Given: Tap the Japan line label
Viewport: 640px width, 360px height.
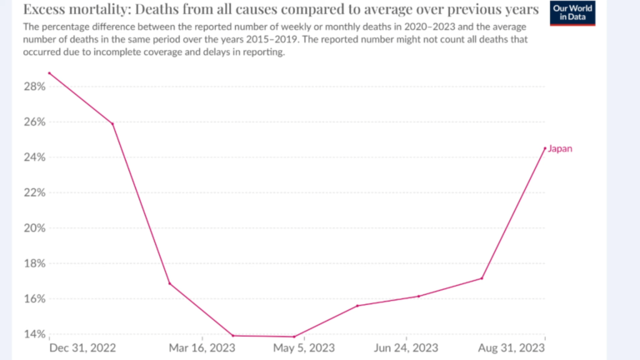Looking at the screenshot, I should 561,148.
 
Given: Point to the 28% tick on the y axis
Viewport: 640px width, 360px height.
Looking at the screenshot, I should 35,87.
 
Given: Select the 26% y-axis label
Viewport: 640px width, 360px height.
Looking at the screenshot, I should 35,122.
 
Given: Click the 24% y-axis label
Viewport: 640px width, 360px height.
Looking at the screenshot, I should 35,157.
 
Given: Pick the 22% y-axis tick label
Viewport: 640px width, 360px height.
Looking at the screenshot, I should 35,192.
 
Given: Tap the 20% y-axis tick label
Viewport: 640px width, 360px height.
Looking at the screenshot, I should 35,227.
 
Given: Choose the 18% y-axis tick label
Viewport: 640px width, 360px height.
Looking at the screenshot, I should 35,263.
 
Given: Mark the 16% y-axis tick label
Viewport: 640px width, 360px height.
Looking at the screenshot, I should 35,298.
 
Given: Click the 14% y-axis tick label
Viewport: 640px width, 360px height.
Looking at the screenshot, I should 35,334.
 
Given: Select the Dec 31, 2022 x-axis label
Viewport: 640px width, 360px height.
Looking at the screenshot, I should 82,347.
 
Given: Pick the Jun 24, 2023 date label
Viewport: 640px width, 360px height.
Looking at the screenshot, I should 407,347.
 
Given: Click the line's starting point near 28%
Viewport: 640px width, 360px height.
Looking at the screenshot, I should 49,73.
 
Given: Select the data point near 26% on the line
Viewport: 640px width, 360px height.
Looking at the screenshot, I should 112,124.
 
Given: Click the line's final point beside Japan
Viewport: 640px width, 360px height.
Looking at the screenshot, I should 545,148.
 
